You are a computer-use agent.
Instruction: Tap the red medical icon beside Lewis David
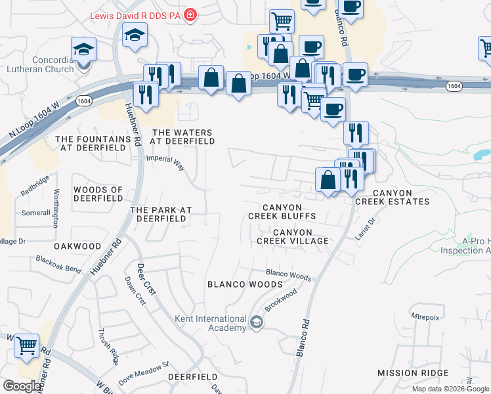[190, 14]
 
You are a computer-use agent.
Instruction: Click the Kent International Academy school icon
[257, 322]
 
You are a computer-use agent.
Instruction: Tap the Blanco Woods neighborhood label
[245, 284]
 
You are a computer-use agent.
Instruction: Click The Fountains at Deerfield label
[93, 144]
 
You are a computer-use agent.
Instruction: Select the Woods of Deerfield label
[98, 194]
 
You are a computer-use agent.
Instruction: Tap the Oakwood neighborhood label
[77, 246]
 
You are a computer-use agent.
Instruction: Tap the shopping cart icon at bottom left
[26, 345]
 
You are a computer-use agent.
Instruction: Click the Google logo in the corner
[22, 386]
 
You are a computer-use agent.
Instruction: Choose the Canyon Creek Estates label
[393, 197]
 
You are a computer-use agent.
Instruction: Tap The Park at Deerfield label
[161, 214]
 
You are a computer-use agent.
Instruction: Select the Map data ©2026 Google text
[451, 389]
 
